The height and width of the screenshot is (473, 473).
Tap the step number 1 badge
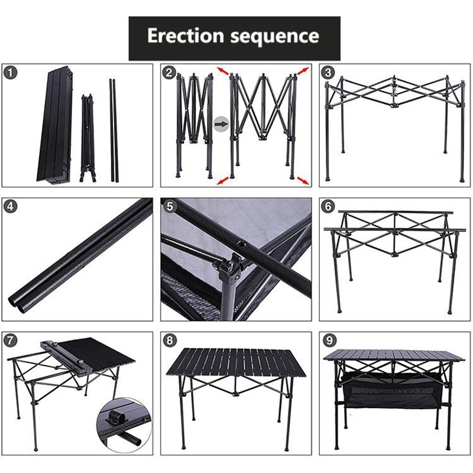tap(11, 73)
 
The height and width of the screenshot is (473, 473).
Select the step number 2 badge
tap(170, 73)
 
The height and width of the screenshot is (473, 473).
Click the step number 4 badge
tap(11, 208)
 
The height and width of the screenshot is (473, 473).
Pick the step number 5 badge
tap(170, 208)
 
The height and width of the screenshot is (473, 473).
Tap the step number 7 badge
tap(11, 341)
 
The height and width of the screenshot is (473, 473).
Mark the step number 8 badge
tap(170, 341)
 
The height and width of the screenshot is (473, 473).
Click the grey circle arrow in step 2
tap(221, 125)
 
